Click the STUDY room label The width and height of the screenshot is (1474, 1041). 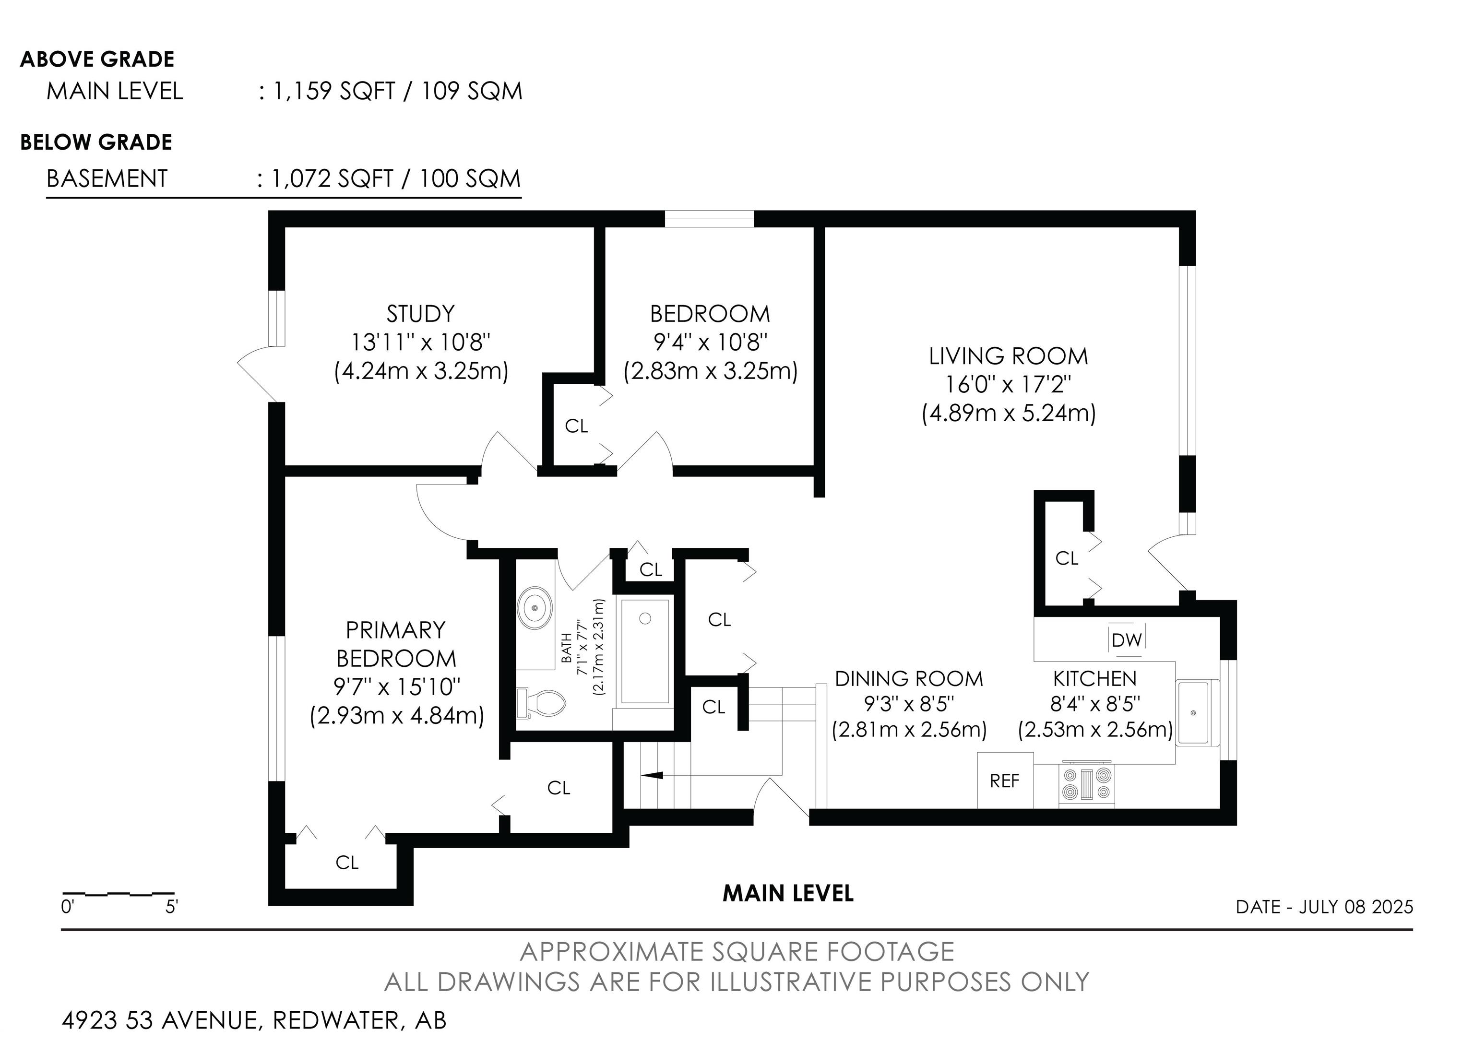(x=420, y=314)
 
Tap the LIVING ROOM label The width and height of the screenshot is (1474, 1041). (x=1008, y=356)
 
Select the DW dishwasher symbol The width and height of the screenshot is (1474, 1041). (x=1127, y=639)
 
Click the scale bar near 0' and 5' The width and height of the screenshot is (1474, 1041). (x=118, y=893)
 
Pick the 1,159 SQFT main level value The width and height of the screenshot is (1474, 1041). (x=334, y=91)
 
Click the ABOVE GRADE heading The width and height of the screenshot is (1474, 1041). (x=97, y=59)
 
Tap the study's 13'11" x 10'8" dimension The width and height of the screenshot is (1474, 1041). (x=420, y=342)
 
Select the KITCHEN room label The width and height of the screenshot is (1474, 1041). (x=1094, y=678)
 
